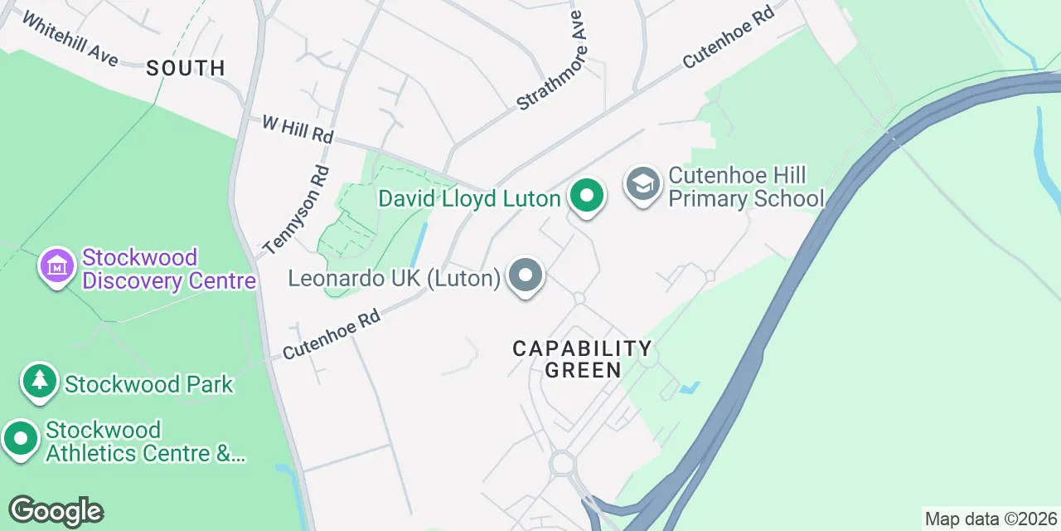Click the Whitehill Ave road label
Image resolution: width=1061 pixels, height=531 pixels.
point(70,39)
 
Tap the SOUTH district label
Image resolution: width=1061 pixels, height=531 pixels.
point(186,68)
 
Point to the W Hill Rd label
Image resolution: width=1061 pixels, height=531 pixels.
point(298,129)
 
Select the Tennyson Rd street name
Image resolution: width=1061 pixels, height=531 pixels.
point(296,210)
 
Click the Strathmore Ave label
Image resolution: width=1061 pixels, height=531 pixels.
point(551,61)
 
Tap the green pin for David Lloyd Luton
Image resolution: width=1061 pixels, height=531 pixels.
point(587,197)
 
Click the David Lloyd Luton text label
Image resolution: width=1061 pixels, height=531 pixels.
point(469,199)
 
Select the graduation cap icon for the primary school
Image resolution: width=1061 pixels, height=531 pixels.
point(642,184)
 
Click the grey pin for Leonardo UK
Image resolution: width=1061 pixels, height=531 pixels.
point(525,275)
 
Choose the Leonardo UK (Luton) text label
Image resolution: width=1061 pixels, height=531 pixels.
point(395,278)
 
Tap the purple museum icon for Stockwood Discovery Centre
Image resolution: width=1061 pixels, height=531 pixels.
point(57,266)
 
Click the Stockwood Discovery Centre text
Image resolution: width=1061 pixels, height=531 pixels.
point(169,269)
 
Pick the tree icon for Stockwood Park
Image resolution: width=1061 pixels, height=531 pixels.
point(39,382)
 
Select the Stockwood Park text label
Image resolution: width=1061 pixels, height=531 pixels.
point(149,385)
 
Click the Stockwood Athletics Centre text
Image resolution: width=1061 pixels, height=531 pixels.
point(145,441)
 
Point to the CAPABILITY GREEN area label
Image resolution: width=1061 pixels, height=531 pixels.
point(582,358)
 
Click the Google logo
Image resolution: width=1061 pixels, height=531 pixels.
point(56,511)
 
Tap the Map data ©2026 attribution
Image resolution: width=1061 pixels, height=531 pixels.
point(991,519)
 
